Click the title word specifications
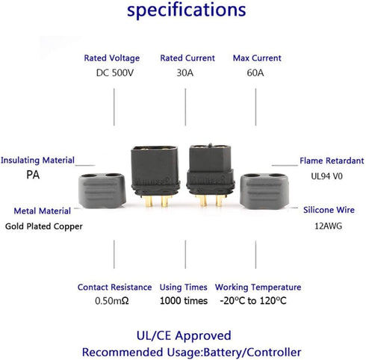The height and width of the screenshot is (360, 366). tap(187, 10)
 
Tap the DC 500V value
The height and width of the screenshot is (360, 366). tap(115, 72)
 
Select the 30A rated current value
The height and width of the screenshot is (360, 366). tap(185, 72)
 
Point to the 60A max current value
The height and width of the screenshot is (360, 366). tap(255, 72)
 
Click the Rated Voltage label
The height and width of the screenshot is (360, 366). tap(112, 58)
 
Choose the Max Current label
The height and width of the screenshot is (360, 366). tap(257, 58)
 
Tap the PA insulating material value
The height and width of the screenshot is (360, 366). tap(33, 175)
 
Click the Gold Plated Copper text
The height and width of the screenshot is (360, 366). tap(44, 226)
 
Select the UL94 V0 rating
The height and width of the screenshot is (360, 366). tap(326, 176)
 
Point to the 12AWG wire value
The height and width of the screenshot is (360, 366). tap(328, 226)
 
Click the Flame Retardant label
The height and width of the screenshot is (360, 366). tap(332, 161)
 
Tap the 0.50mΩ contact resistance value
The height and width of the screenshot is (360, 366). tap(112, 301)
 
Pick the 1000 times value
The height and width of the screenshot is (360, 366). tap(184, 301)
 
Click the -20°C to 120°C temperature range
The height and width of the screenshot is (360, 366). tap(253, 301)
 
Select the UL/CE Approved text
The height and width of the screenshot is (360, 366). tap(184, 335)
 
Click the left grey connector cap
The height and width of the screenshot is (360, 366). tap(102, 190)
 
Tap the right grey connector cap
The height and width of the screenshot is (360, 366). tap(264, 191)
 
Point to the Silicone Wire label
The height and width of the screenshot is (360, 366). tap(329, 210)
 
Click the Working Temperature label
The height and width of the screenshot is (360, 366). tap(258, 288)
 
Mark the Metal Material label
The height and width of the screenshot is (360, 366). tap(43, 211)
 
